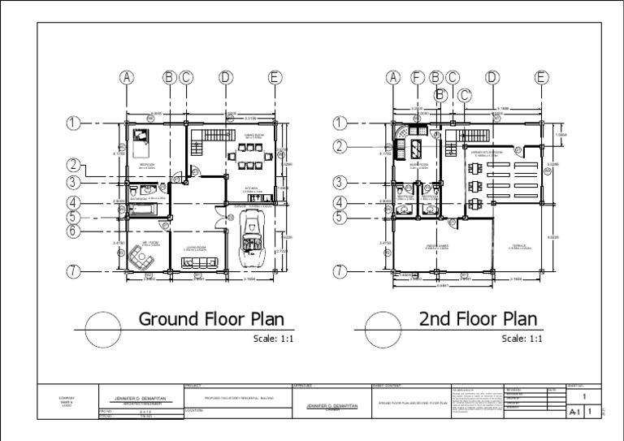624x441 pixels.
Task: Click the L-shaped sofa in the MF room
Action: (x=141, y=259)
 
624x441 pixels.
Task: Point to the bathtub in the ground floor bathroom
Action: (x=143, y=210)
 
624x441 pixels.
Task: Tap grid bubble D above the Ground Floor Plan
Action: (x=225, y=77)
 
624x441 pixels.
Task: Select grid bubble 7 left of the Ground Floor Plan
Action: (x=74, y=271)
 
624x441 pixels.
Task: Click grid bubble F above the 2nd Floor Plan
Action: (x=418, y=77)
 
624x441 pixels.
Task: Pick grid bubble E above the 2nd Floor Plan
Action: (x=541, y=77)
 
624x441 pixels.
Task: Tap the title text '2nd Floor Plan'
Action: (x=478, y=318)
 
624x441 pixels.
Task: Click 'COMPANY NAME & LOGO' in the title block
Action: (x=67, y=401)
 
